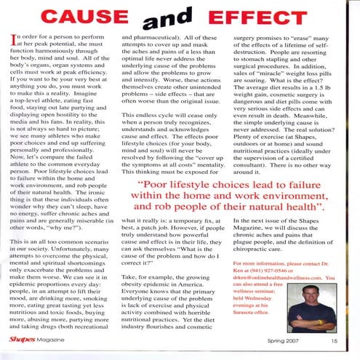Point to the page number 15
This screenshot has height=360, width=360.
pyautogui.click(x=334, y=340)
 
